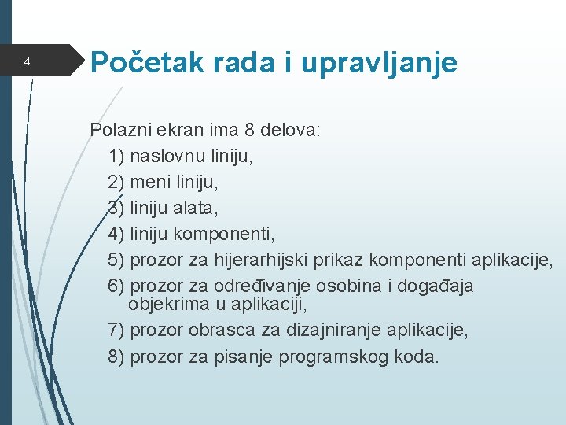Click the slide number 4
[x=27, y=61]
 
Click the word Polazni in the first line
[x=116, y=130]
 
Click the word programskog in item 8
[x=314, y=357]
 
